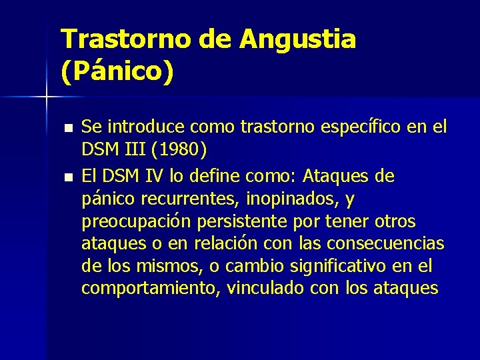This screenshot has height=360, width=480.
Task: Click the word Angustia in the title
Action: (x=298, y=40)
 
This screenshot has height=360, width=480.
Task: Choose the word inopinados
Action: (x=299, y=199)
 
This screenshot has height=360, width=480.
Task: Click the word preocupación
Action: (x=135, y=221)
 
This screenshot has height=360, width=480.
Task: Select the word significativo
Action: (x=334, y=266)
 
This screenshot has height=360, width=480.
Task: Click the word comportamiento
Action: (x=151, y=289)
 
